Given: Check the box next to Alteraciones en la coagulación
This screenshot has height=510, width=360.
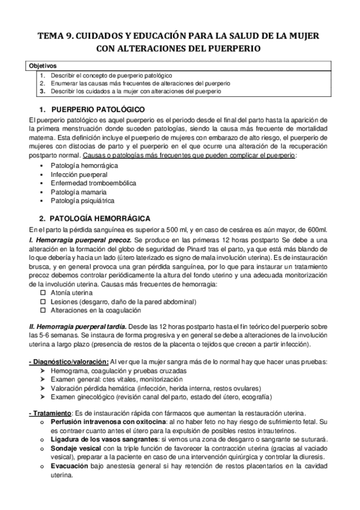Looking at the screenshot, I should click(x=43, y=311).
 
